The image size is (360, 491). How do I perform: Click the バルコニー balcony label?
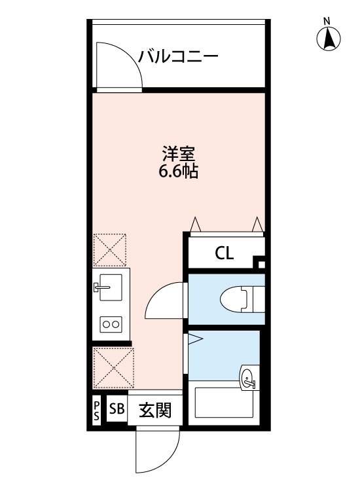(177, 56)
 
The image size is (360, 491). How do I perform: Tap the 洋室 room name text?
(179, 156)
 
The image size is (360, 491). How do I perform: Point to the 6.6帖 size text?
(179, 173)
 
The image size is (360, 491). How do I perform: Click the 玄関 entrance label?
(156, 411)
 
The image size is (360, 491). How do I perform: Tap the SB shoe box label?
(117, 410)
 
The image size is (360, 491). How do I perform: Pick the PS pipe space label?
(96, 411)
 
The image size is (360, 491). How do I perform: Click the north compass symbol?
(329, 41)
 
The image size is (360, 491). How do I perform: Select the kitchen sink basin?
(109, 287)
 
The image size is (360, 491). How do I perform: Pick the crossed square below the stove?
(112, 369)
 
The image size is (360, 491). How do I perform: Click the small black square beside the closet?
(261, 265)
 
